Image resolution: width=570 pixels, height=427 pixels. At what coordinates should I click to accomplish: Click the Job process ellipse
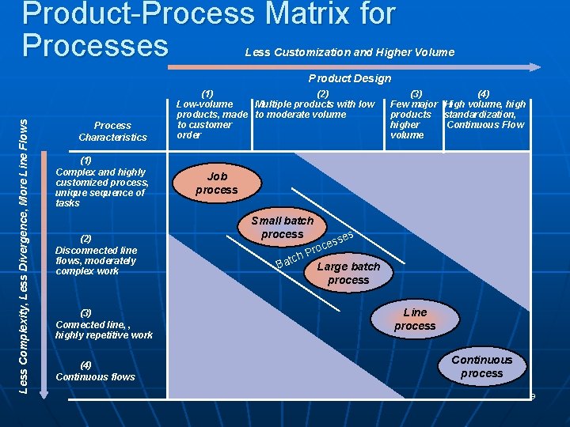pos(216,183)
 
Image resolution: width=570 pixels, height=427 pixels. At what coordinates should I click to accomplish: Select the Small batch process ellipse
pos(282,228)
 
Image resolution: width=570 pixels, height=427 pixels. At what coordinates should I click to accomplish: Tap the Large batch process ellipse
pos(348,274)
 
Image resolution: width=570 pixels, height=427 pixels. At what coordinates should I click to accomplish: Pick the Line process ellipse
pos(415,319)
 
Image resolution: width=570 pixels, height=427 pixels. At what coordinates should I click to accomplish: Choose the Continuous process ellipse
pos(481,366)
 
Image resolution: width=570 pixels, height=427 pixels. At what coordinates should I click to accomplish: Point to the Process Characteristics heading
pos(112,131)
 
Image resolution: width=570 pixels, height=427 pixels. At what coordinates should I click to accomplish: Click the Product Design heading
pos(349,78)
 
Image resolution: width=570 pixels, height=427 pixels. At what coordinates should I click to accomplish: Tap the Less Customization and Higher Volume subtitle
pos(350,52)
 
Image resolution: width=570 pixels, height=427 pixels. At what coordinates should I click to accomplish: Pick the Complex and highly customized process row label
pos(101,182)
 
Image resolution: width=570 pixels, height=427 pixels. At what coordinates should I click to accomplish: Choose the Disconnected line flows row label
pos(96,255)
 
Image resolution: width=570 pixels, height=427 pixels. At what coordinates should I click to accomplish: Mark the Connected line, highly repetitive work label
pos(104,324)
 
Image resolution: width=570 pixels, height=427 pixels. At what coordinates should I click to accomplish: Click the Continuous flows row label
pos(95,371)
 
